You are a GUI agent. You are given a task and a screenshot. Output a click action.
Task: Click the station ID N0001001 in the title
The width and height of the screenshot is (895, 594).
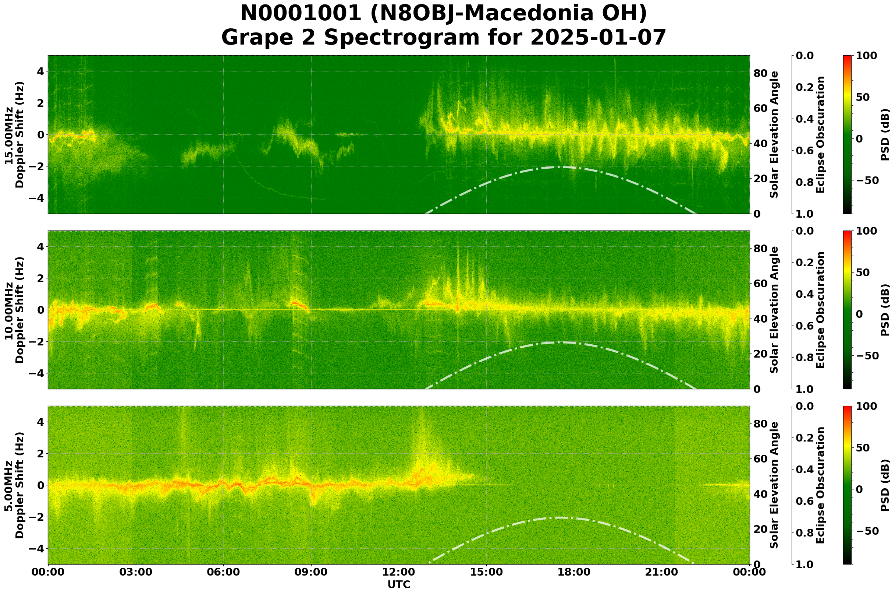click(301, 14)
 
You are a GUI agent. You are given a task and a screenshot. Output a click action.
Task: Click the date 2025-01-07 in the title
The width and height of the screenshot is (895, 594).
click(598, 38)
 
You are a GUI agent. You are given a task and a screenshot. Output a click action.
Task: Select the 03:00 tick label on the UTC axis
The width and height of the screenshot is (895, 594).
click(135, 572)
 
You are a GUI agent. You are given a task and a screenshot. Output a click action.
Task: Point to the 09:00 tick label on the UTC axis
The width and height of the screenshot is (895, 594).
click(311, 572)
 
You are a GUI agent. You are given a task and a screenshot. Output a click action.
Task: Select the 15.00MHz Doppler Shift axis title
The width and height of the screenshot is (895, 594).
click(14, 134)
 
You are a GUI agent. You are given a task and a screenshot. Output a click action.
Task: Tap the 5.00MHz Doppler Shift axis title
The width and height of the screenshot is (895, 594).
click(14, 485)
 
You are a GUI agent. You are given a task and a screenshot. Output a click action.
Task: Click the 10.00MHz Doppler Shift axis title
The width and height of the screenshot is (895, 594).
click(14, 310)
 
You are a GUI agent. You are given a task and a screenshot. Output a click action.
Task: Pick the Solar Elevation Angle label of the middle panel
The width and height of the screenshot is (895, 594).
click(774, 310)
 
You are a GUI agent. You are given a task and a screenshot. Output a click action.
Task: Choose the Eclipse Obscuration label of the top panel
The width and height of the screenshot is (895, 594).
click(820, 134)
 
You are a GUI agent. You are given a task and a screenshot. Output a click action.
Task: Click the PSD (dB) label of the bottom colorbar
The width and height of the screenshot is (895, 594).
click(884, 485)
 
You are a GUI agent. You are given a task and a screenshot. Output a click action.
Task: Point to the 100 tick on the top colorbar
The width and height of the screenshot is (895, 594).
click(867, 56)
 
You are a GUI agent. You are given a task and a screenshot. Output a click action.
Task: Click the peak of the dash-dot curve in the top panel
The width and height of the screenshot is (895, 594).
click(560, 167)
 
